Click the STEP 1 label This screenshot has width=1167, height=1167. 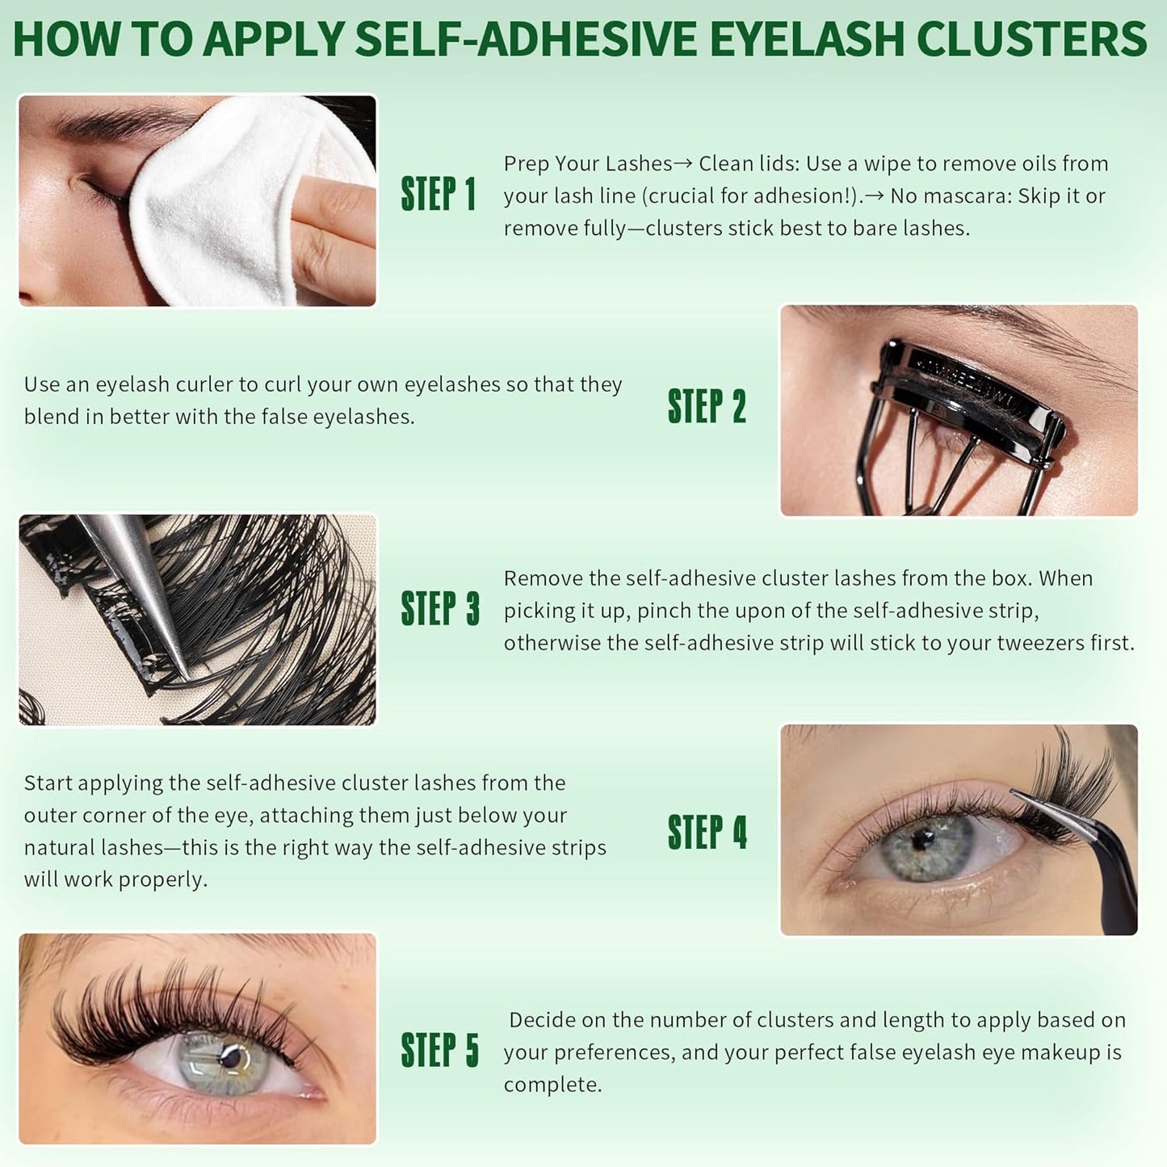[x=438, y=195]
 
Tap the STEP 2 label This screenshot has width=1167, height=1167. [x=707, y=406]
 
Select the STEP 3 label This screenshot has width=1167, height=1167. [x=439, y=609]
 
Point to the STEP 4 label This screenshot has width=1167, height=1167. [x=707, y=833]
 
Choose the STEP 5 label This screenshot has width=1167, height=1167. [x=439, y=1051]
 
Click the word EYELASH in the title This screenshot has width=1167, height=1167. [x=807, y=39]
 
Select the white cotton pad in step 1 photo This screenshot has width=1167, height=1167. [x=234, y=202]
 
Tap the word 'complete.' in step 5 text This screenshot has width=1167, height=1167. [x=552, y=1085]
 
